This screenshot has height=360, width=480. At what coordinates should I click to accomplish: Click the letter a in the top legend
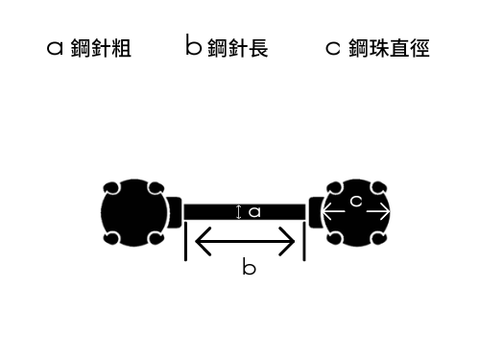click(x=55, y=49)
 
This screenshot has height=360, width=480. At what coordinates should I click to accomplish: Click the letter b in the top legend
click(x=192, y=46)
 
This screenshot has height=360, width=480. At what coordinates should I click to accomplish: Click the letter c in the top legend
click(x=333, y=49)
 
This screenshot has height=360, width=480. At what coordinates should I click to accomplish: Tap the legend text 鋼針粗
click(x=101, y=49)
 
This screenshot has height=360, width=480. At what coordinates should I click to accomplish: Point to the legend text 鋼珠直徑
click(x=390, y=49)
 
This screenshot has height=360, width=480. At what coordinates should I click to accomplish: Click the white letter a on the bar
click(x=254, y=212)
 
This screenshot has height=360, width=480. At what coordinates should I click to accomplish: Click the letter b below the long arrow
click(x=249, y=268)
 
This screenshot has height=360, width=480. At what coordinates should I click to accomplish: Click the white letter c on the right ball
click(x=355, y=202)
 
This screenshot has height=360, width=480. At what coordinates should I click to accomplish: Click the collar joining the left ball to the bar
click(x=175, y=211)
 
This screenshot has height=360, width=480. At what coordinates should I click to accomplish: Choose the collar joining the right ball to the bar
click(x=314, y=211)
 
